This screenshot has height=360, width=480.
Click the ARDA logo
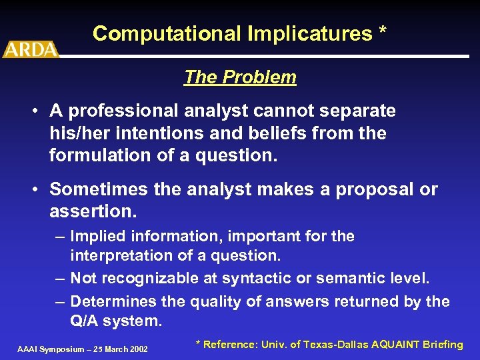31,49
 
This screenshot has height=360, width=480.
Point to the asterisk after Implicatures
382,32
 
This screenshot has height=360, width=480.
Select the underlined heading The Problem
240,77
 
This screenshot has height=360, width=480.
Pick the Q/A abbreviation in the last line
85,321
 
